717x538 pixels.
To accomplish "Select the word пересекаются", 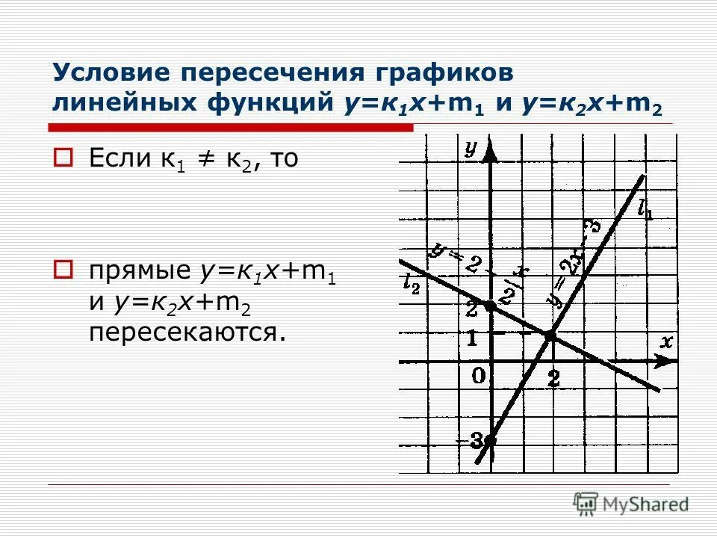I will (187, 331).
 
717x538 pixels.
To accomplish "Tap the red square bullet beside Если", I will (64, 158).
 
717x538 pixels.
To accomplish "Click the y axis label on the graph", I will (471, 148).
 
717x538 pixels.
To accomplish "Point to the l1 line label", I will (645, 210).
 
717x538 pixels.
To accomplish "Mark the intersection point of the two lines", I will (551, 337).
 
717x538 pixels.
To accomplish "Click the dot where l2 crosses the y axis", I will (489, 306).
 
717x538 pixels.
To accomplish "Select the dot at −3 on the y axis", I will (489, 440).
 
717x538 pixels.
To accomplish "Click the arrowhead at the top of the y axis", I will (490, 152).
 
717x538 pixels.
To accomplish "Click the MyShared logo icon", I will (586, 504).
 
